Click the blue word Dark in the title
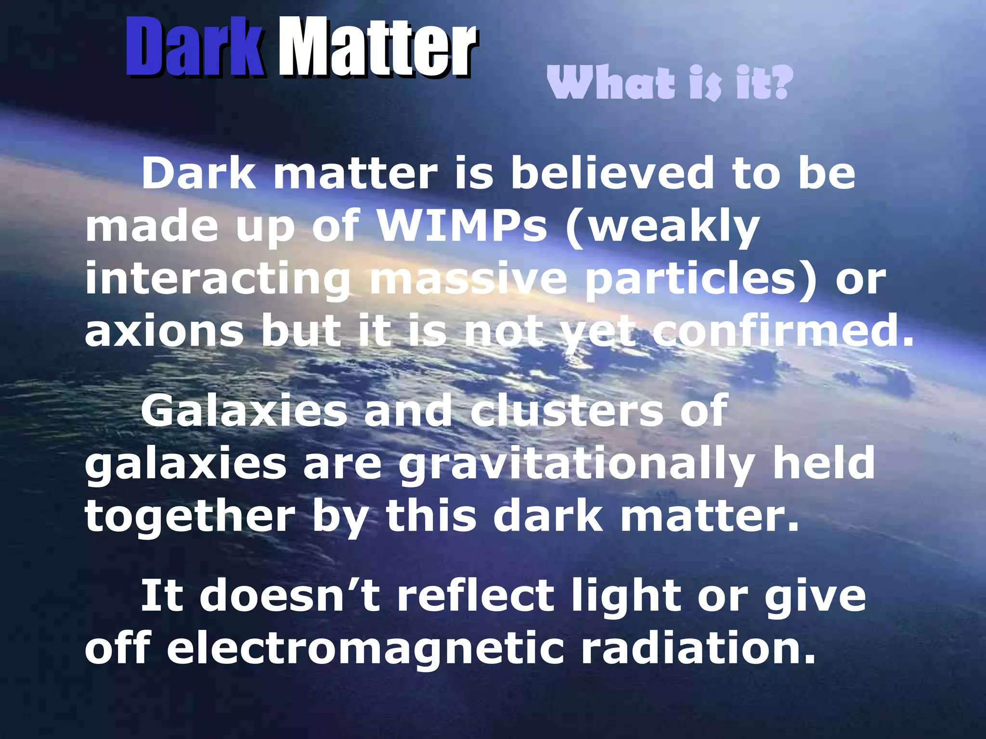pyautogui.click(x=195, y=48)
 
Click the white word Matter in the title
pyautogui.click(x=377, y=48)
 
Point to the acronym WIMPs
pyautogui.click(x=462, y=226)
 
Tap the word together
pyautogui.click(x=190, y=517)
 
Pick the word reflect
pyautogui.click(x=477, y=596)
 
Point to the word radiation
pyautogui.click(x=698, y=649)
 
